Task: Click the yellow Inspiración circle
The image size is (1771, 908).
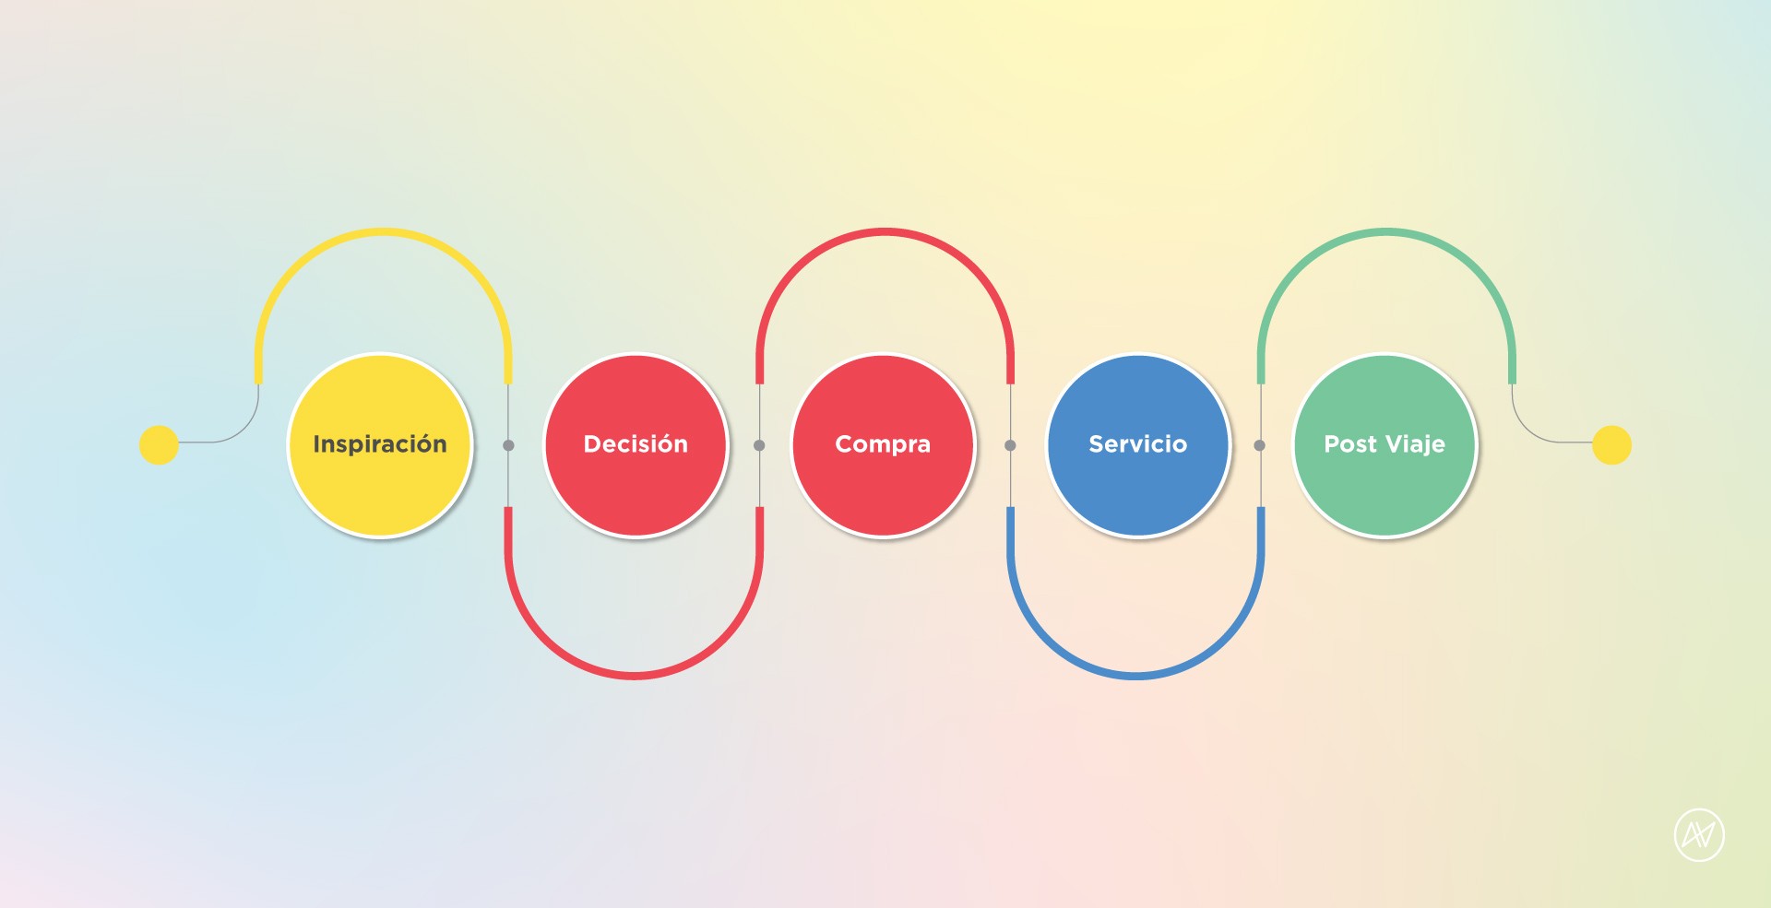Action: point(380,445)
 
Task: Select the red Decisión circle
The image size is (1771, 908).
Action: point(636,445)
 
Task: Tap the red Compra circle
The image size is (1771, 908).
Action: point(883,445)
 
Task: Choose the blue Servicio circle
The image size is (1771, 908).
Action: point(1138,445)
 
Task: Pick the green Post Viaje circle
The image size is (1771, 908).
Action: point(1385,445)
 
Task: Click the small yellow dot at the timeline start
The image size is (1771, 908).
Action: point(159,445)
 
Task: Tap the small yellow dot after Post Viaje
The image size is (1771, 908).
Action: point(1611,445)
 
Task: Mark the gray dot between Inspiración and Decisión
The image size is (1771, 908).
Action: point(508,445)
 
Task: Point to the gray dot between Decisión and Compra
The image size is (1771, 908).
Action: point(759,445)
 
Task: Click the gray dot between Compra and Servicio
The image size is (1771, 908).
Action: point(1010,445)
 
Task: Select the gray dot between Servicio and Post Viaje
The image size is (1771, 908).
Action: point(1260,445)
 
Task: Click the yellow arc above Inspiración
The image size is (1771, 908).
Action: point(383,232)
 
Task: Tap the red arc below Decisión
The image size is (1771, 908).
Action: point(635,675)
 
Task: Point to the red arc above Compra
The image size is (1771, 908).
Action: point(885,232)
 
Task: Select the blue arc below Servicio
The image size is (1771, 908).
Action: point(1135,675)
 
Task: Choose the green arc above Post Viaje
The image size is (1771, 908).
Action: point(1386,232)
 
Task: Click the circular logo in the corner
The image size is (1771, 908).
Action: point(1699,835)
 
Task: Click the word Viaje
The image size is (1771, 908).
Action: point(1415,445)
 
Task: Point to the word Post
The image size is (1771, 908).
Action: point(1350,444)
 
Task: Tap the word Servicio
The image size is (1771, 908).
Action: point(1138,444)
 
